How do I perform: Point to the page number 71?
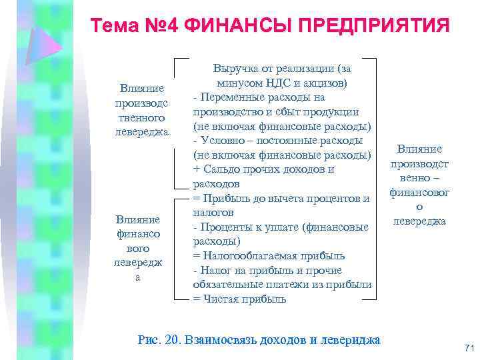468,348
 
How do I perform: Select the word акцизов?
325,83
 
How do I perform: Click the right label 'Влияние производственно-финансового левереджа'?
419,185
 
